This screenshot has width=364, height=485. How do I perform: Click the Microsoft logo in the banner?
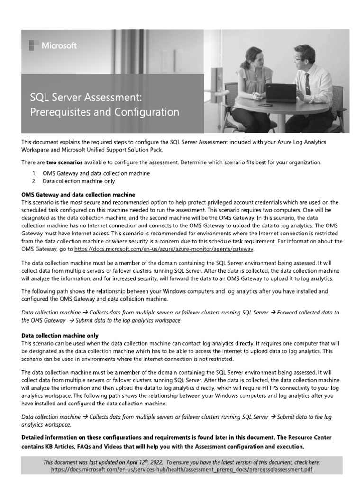coord(53,45)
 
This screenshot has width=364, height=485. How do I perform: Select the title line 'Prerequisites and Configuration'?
coord(105,113)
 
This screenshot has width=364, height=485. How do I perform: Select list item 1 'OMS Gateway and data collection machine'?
coord(96,174)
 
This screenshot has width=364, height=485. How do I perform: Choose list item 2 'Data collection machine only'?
coord(79,181)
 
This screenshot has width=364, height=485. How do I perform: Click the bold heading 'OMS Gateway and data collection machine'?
coord(79,195)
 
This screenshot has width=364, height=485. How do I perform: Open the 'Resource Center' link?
coord(309,437)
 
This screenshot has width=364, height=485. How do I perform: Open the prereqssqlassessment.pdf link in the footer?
coord(182,469)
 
